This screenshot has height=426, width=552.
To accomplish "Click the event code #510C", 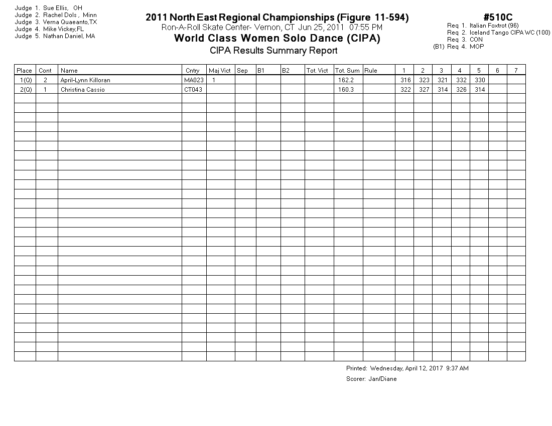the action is point(498,18).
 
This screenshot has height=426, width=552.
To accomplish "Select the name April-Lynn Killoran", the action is point(85,80).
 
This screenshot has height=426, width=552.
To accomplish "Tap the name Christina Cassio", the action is point(83,90).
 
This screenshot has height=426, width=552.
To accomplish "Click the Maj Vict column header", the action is point(219,71).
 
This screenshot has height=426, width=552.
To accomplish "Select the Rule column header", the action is point(371,71).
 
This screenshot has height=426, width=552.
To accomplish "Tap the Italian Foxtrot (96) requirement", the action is point(494,26).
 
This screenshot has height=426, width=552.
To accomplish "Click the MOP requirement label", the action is point(477,47).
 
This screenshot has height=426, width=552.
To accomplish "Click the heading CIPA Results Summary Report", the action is point(273,51).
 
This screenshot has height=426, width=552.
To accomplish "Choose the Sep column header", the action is point(242,71).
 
